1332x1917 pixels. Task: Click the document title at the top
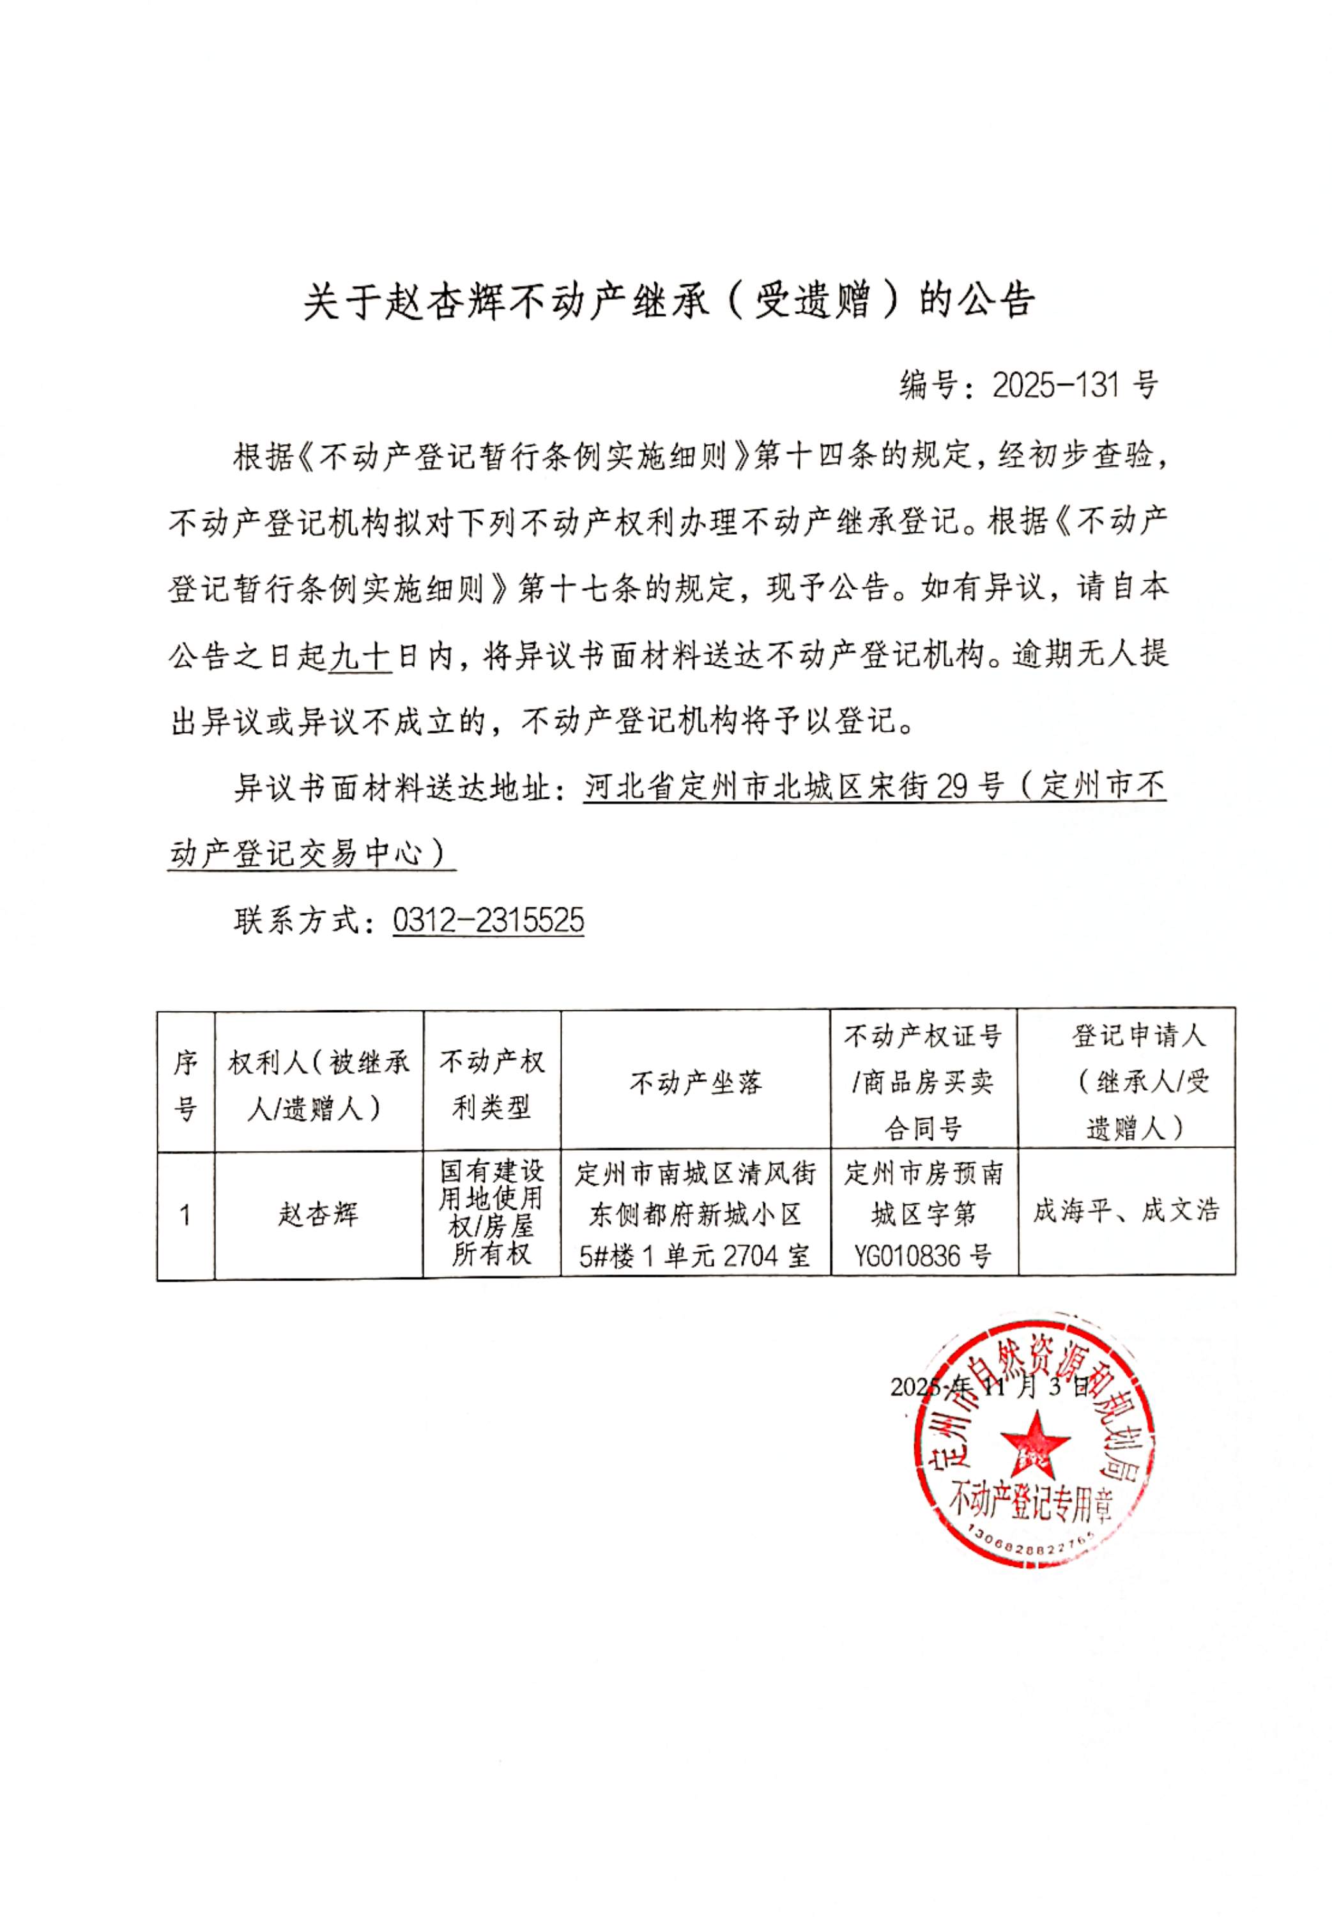pos(668,302)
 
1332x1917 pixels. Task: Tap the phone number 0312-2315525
pos(488,921)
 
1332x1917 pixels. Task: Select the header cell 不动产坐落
pos(695,1083)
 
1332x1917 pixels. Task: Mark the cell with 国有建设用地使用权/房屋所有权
pos(491,1213)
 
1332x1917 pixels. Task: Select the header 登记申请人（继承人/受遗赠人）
pos(1126,1082)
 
